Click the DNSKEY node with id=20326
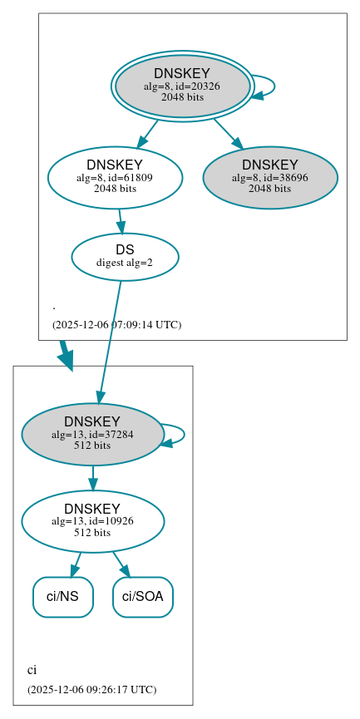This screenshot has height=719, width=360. coord(181,86)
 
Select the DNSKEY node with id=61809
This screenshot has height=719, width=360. coord(115,176)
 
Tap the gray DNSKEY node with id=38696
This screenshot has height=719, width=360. coord(269,176)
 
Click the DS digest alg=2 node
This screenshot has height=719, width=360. coord(125,256)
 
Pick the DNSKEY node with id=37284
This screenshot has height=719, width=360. coord(92,433)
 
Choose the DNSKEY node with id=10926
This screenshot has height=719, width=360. coord(92,520)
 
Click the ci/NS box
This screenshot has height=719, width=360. coord(62,597)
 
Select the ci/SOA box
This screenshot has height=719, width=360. coord(143,597)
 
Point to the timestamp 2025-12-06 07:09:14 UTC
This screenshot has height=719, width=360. coord(116,325)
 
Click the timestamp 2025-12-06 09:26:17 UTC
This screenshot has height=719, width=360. coord(91,690)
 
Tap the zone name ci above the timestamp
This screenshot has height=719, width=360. coord(32,670)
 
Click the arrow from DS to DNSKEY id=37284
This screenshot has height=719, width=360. coord(110,341)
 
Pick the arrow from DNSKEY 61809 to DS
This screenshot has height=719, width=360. coord(121,221)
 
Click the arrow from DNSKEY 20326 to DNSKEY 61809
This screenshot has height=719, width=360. coord(147,133)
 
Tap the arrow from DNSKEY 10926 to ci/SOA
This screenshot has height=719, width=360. coord(121,564)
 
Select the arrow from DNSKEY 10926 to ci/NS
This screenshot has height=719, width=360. coord(76,564)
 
